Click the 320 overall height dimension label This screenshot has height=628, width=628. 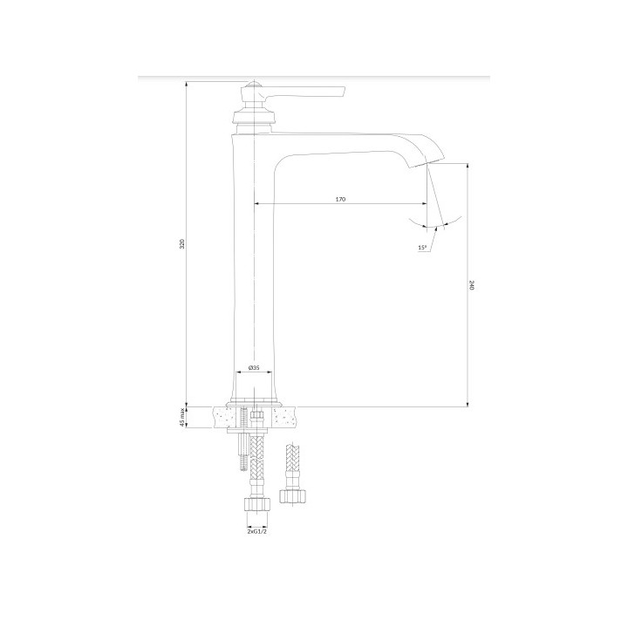coord(181,244)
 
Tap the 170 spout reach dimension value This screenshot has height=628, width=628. coord(340,199)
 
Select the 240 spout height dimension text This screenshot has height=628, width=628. coord(471,285)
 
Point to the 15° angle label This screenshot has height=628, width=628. coord(422,248)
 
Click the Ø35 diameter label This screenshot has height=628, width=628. coord(254,367)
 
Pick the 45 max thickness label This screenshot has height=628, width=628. coord(181,417)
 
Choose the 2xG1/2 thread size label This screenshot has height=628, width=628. coord(257,531)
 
